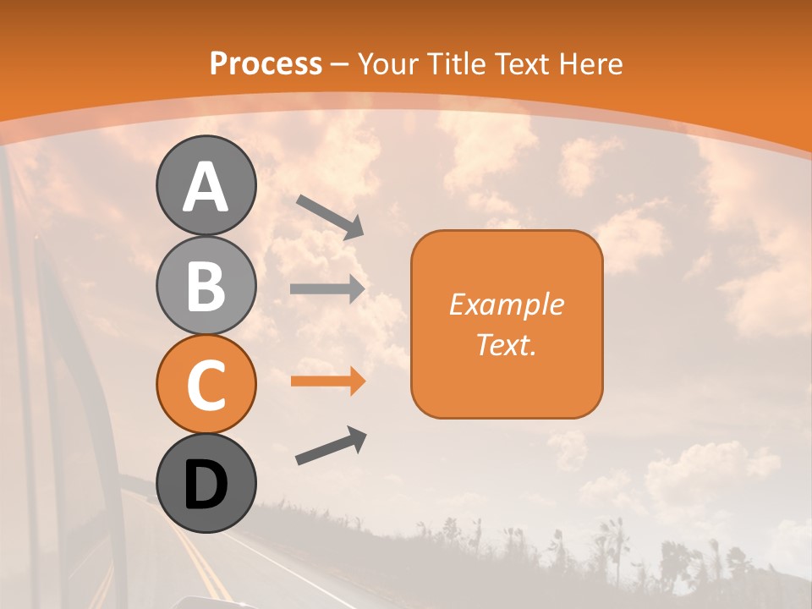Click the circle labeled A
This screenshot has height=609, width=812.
pyautogui.click(x=206, y=185)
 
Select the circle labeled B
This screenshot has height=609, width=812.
pyautogui.click(x=206, y=285)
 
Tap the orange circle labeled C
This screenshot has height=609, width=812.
pyautogui.click(x=206, y=384)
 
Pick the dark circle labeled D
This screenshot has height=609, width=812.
pyautogui.click(x=206, y=483)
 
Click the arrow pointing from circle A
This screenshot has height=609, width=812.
pyautogui.click(x=330, y=215)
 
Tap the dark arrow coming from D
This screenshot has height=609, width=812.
pyautogui.click(x=331, y=446)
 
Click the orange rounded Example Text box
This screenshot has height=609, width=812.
pyautogui.click(x=507, y=324)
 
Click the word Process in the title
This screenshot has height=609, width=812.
pyautogui.click(x=266, y=63)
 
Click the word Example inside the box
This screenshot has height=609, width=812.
pyautogui.click(x=507, y=304)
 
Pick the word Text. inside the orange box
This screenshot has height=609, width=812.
pyautogui.click(x=507, y=344)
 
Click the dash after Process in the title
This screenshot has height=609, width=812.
pyautogui.click(x=339, y=64)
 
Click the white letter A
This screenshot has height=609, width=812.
pyautogui.click(x=206, y=187)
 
